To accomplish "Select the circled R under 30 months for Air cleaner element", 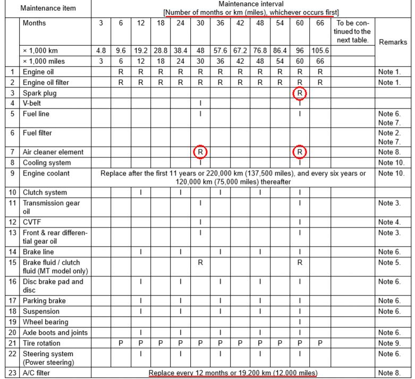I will tap(200, 152).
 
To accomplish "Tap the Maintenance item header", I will tap(48, 8).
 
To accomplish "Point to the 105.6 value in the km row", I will tap(320, 51).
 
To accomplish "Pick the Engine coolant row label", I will tap(46, 173).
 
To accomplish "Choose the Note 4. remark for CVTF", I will tap(389, 222).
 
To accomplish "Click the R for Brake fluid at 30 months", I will tap(200, 263).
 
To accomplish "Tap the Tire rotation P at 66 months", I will tap(320, 343).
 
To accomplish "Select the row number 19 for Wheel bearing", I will tap(12, 322).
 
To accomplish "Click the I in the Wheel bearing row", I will tap(300, 322).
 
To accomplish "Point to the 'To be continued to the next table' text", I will tap(352, 32).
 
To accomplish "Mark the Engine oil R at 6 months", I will tap(121, 72).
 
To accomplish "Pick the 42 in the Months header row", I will tap(240, 23).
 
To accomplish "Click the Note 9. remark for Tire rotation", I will tap(389, 343).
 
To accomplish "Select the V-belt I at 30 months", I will tap(200, 103).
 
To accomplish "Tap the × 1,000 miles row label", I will tap(44, 61).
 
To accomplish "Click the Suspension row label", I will tap(41, 311).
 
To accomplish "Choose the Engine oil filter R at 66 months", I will tap(320, 82).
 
